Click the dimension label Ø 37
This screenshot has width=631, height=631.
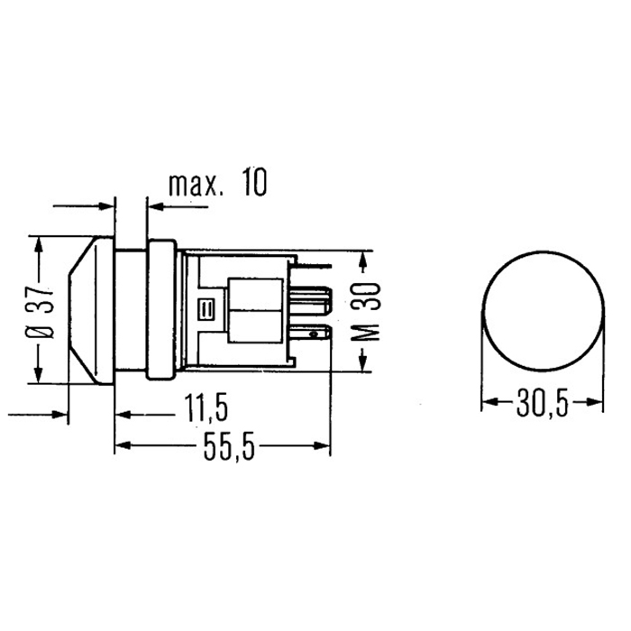39,311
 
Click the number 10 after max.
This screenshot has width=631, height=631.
253,186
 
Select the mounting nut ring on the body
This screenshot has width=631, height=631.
161,311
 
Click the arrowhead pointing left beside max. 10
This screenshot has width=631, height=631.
151,203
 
